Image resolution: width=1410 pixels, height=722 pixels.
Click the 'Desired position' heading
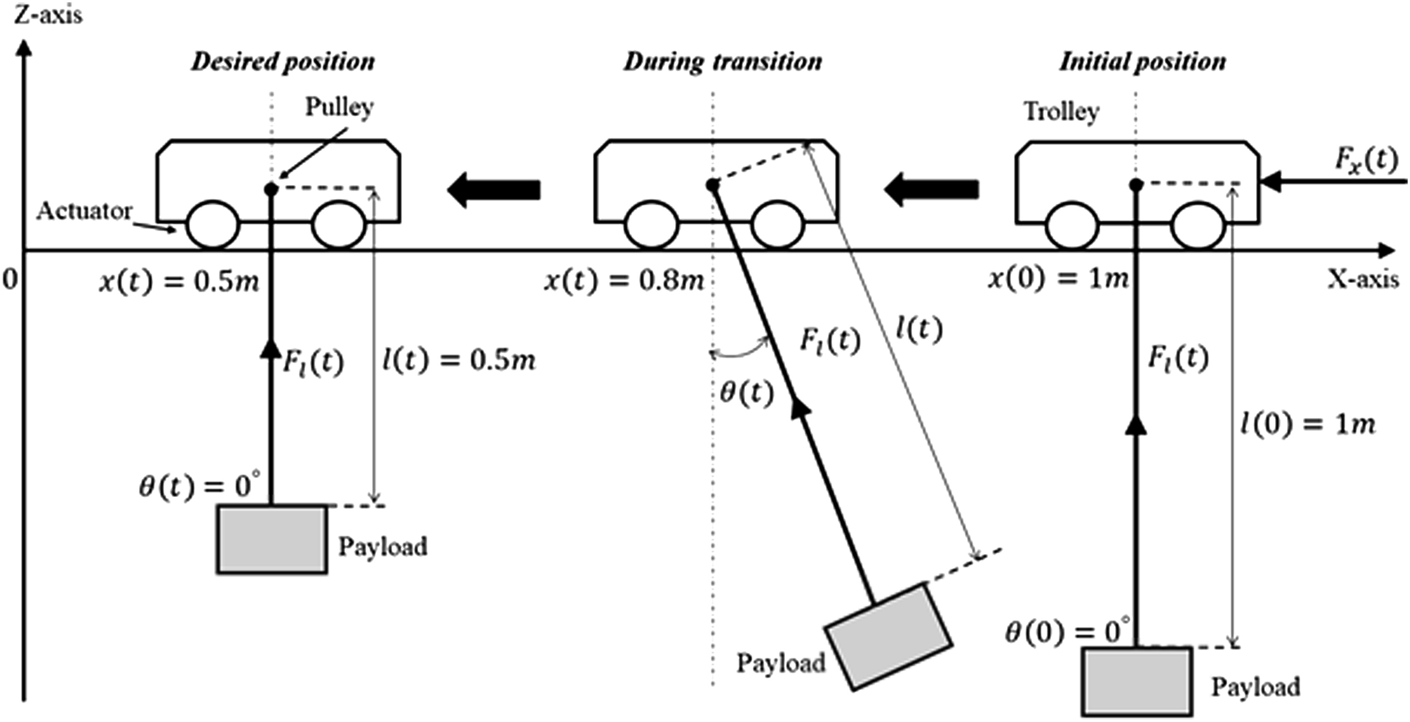click(282, 62)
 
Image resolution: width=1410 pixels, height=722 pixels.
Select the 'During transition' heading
click(722, 62)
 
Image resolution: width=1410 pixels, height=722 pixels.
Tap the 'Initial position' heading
click(1142, 62)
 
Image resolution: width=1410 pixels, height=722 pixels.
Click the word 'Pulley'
click(339, 107)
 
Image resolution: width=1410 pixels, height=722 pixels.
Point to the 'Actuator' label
click(84, 211)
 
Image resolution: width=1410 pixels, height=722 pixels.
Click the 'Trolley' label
click(1061, 112)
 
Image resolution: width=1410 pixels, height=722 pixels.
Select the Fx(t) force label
click(1366, 161)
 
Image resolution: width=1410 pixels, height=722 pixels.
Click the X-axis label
click(1362, 279)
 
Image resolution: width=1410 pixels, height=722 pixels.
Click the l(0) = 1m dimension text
click(1307, 425)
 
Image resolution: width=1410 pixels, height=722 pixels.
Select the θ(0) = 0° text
click(1067, 632)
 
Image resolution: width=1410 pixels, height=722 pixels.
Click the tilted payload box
click(889, 637)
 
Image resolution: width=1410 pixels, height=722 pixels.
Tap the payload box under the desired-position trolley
click(272, 539)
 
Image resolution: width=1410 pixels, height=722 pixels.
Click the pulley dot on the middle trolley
click(712, 185)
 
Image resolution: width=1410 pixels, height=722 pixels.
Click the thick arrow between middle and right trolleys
click(931, 189)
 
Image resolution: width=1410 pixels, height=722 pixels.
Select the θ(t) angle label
click(746, 393)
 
